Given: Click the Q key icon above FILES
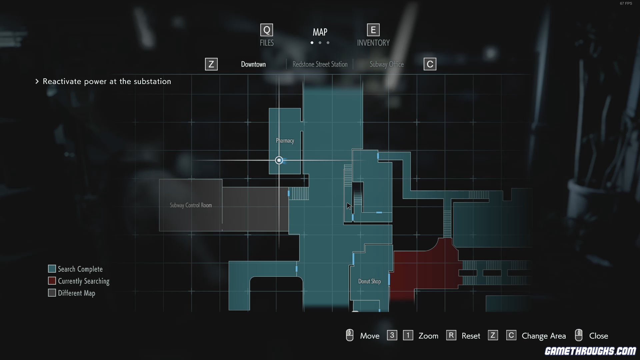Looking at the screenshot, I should (267, 30).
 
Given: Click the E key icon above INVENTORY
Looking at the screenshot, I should (373, 30).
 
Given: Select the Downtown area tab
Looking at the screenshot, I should (253, 64).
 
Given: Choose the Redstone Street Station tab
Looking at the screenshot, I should (320, 64).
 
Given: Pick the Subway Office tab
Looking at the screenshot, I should (387, 64).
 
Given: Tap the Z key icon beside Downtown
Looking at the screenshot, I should (211, 64).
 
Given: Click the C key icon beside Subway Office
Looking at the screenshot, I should (430, 64).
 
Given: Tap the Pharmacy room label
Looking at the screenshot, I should (285, 141).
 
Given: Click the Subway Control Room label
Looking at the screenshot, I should (191, 205).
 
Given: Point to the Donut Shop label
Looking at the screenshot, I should (369, 281).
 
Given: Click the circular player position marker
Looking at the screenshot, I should (279, 160).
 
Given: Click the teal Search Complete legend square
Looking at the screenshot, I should (52, 269).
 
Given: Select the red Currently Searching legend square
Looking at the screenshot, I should (52, 281).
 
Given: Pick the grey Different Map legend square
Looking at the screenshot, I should (52, 293).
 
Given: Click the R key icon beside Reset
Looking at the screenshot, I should (451, 335).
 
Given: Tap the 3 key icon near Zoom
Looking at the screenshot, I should (392, 335).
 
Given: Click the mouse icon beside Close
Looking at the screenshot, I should (579, 335).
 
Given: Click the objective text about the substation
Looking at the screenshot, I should (107, 81).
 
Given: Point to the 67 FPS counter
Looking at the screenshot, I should (626, 3).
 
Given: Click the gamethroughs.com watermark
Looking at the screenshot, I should (590, 351).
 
